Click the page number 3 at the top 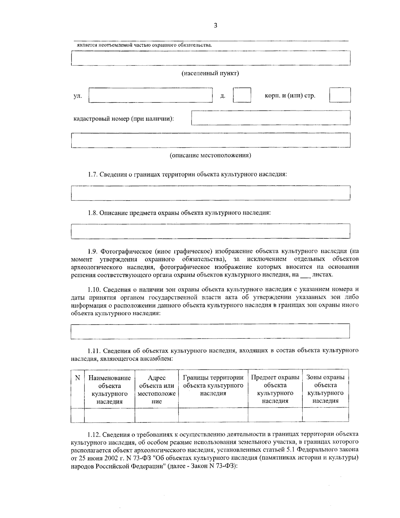215,26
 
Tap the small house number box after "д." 242,95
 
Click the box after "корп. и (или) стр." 340,95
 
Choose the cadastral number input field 271,118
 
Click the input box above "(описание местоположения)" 210,140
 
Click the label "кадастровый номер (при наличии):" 124,119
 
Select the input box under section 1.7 210,193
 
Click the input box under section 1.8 210,231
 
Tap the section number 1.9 93,251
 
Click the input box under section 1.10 210,331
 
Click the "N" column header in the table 78,378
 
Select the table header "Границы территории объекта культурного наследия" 213,386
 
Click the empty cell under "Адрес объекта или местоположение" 156,415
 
